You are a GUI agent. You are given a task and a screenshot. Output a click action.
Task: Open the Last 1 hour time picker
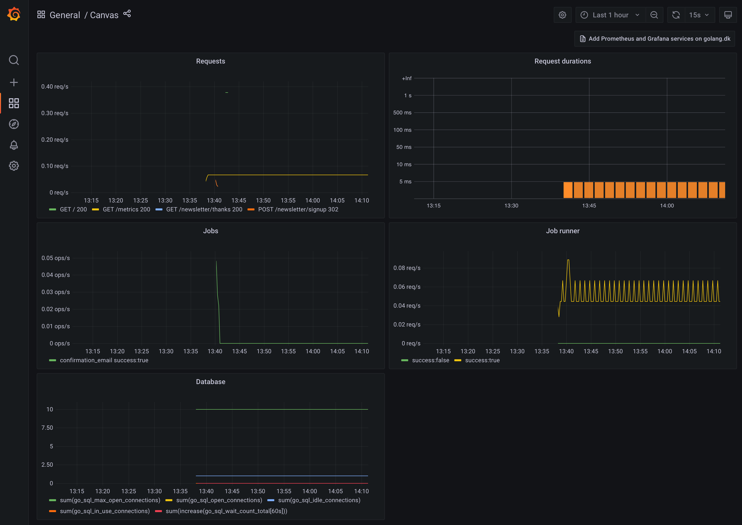[610, 15]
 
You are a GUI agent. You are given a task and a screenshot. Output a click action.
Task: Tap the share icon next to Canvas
[127, 14]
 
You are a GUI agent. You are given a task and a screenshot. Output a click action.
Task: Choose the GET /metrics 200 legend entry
[126, 209]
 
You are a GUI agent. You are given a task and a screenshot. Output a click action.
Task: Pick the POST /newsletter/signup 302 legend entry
[298, 209]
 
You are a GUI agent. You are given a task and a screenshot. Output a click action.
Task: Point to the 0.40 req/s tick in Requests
[55, 87]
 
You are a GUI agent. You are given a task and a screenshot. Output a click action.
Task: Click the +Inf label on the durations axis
[406, 78]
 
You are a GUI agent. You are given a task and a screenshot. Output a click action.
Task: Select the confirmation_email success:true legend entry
[104, 360]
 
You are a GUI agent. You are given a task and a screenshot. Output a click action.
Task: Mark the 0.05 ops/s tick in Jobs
[55, 258]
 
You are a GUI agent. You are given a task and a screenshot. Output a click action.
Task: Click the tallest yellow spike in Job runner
[568, 261]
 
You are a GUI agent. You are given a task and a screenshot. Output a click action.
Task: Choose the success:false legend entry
[430, 360]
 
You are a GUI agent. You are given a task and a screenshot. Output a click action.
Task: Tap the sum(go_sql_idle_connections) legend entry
[319, 500]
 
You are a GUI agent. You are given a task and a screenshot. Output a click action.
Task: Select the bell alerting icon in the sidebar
[14, 145]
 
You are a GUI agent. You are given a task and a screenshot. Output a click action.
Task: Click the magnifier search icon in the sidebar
[14, 60]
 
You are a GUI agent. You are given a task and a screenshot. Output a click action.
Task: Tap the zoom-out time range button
[654, 15]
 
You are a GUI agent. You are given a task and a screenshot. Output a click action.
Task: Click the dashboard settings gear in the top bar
[562, 15]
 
